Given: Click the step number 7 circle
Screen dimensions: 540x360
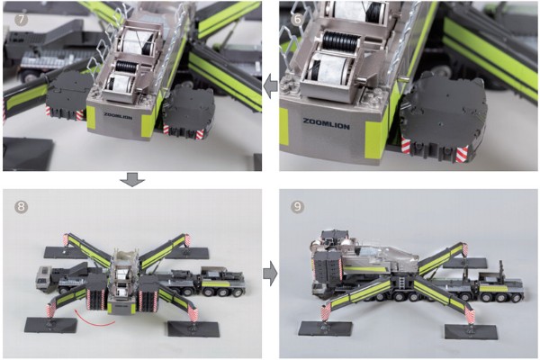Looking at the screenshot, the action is pos(22,19).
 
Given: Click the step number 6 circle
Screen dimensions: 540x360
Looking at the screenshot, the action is pos(298,19).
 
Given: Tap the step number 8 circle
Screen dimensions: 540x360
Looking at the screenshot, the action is pos(22,207).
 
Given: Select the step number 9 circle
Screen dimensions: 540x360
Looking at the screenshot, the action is pos(298,207).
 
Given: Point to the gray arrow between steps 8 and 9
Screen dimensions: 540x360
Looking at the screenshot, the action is pos(270,274).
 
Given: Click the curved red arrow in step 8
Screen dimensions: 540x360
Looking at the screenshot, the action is pos(94,319).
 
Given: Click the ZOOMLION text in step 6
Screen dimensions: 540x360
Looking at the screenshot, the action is pos(326,123).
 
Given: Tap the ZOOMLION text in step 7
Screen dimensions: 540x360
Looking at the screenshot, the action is pos(118,116).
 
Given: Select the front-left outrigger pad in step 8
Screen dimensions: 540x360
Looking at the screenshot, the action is pos(50,325).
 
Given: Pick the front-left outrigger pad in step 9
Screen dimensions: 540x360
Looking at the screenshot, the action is pos(325,330).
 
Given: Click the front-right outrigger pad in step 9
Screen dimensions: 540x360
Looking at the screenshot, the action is pos(471,331).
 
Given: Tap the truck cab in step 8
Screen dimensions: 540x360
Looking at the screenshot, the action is pos(44,279).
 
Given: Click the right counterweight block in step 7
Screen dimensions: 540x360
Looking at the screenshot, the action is pos(188,112).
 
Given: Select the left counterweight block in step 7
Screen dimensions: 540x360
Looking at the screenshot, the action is pos(68,95).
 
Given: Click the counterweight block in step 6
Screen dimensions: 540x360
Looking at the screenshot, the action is pos(443,120).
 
